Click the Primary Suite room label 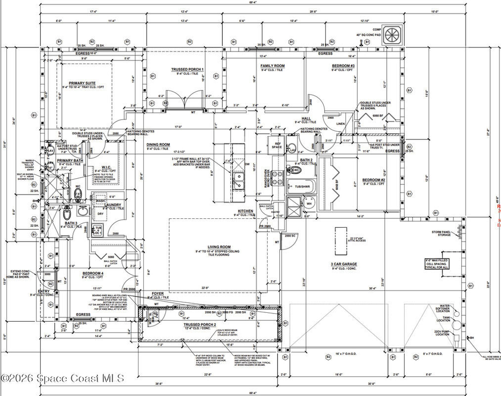tap(83, 83)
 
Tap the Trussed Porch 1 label tap(187, 70)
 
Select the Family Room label tap(273, 66)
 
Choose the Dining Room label tap(158, 145)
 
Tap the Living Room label tap(219, 247)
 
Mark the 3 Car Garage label tap(344, 264)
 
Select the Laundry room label tap(113, 204)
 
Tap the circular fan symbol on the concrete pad tap(393, 34)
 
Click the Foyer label tap(158, 293)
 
